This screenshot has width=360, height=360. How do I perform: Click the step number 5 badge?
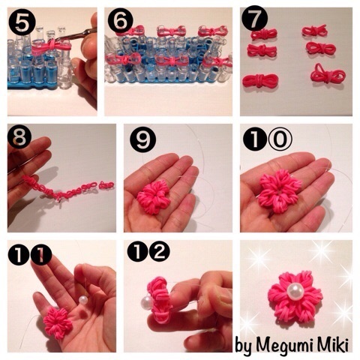click(x=22, y=22)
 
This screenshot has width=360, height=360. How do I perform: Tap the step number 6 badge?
click(x=121, y=21)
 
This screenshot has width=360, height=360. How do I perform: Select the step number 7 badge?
click(x=255, y=19)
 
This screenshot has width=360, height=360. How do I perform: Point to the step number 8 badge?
click(x=19, y=138)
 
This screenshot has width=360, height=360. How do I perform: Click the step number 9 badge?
click(x=142, y=139)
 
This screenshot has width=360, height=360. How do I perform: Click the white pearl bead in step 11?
click(x=83, y=300)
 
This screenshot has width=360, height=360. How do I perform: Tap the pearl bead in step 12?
click(x=146, y=302)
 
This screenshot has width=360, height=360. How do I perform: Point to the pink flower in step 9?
click(x=153, y=197)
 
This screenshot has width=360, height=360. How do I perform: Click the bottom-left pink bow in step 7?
click(x=260, y=82)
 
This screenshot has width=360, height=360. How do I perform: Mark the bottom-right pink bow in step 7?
click(x=328, y=73)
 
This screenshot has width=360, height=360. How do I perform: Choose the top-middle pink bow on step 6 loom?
click(x=172, y=31)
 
